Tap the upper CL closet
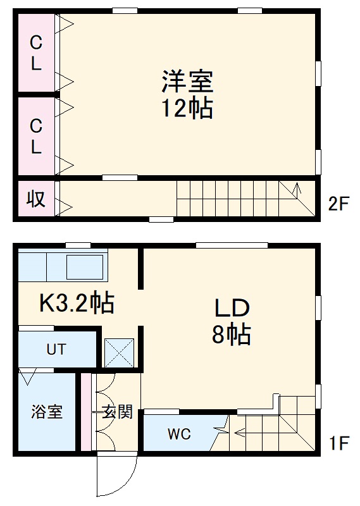36,53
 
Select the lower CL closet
36,137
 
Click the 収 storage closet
35,199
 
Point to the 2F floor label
339,204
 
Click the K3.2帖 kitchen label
77,303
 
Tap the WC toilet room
179,435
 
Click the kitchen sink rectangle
85,267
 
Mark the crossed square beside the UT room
120,353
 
